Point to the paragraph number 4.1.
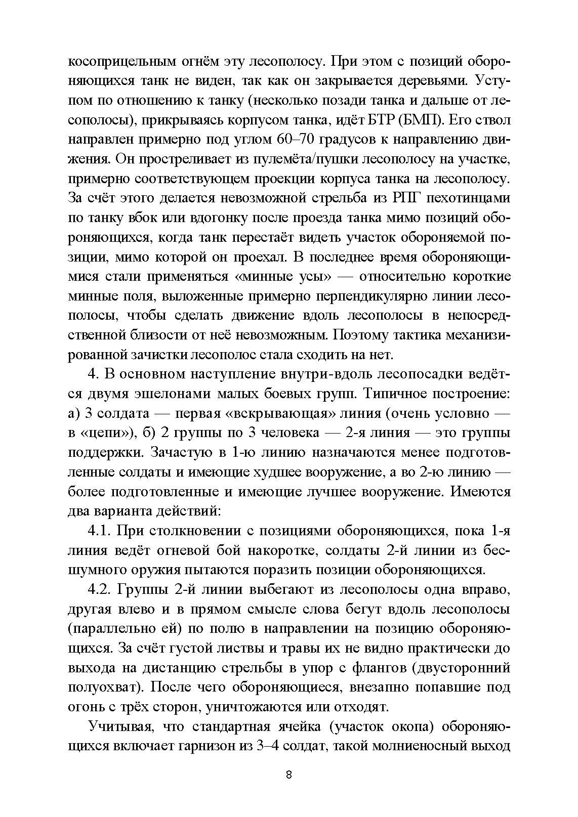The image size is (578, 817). tap(100, 531)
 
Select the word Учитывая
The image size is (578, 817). tap(121, 727)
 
